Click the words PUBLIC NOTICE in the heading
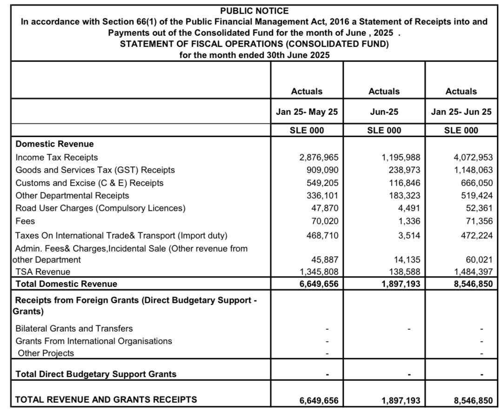[254, 11]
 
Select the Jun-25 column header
[384, 112]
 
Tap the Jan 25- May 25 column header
[307, 112]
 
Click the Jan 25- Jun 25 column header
[461, 112]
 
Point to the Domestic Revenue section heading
[54, 144]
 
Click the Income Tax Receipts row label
[57, 158]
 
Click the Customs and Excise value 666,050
[475, 183]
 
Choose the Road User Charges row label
[100, 208]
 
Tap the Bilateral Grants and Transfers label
[74, 328]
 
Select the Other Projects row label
[46, 353]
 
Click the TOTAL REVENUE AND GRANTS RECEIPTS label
[106, 399]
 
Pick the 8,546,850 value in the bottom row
[472, 400]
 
